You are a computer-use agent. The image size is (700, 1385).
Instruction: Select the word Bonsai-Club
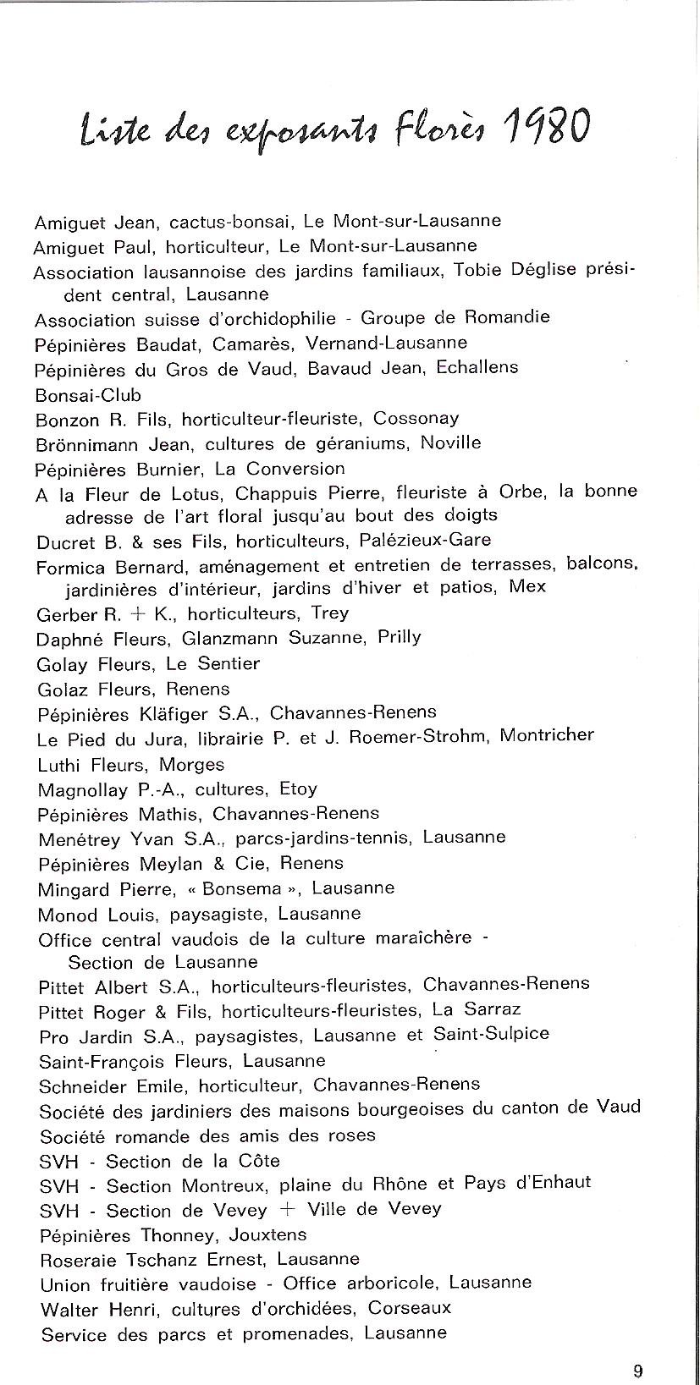tap(88, 395)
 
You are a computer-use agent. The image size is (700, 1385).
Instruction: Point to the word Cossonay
tap(416, 418)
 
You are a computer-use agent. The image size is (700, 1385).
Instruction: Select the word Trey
tap(330, 613)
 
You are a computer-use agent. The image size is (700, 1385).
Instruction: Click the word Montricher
tap(547, 734)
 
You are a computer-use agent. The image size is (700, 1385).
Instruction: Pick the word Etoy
tap(298, 789)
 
